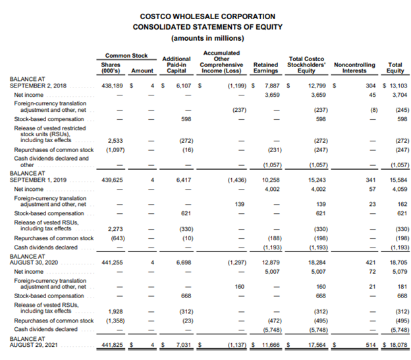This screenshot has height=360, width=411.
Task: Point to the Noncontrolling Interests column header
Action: point(354,68)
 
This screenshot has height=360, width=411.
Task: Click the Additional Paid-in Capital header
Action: point(176,65)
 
